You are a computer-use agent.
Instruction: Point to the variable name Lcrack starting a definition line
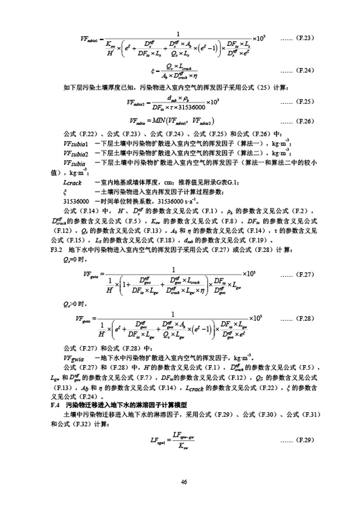[72, 182]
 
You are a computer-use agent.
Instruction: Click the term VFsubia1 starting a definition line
[76, 144]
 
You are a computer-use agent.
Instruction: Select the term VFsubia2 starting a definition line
[76, 153]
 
